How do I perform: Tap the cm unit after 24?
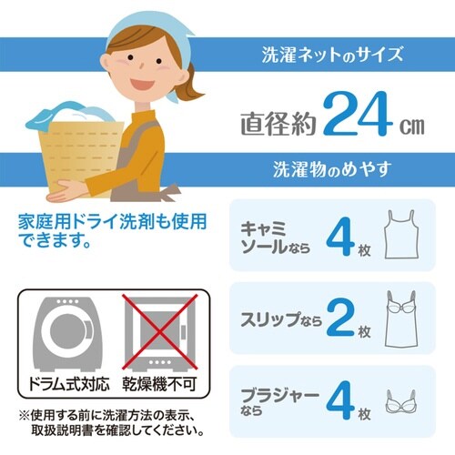click(x=410, y=122)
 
